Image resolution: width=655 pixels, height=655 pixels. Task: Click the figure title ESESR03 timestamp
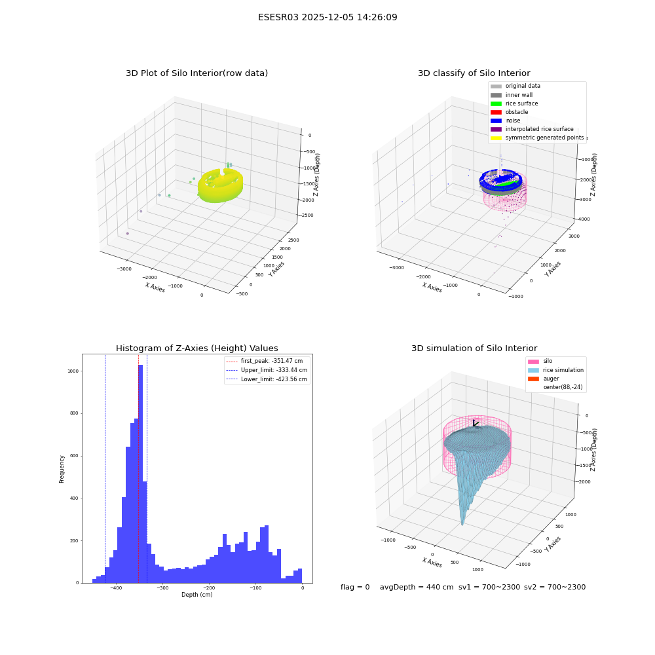click(x=327, y=17)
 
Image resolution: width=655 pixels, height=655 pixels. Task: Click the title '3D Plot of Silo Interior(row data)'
click(x=196, y=73)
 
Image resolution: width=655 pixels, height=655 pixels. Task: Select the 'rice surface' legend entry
click(x=514, y=103)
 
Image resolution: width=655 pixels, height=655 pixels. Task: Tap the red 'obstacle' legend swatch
click(x=496, y=113)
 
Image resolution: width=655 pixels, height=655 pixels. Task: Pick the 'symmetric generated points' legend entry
click(x=537, y=138)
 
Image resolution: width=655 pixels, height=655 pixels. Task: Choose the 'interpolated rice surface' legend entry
click(x=532, y=129)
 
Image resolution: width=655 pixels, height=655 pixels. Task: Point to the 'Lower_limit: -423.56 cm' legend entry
click(x=267, y=379)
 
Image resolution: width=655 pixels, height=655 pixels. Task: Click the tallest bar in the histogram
click(x=141, y=474)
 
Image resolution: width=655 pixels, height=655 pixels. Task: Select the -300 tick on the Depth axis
click(x=162, y=588)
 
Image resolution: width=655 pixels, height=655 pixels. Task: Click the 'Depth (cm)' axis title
click(x=196, y=595)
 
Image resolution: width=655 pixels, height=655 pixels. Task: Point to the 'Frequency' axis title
click(x=62, y=469)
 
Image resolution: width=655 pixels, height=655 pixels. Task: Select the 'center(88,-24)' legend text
click(x=563, y=387)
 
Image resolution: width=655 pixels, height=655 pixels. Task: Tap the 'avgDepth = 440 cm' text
click(x=417, y=587)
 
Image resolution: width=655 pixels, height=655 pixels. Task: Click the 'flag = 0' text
click(x=355, y=587)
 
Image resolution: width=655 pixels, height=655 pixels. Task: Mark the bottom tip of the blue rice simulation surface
click(x=462, y=524)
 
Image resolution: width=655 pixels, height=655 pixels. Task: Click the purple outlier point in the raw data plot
click(x=128, y=234)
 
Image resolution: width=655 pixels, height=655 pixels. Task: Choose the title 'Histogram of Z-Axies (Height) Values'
click(x=196, y=348)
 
